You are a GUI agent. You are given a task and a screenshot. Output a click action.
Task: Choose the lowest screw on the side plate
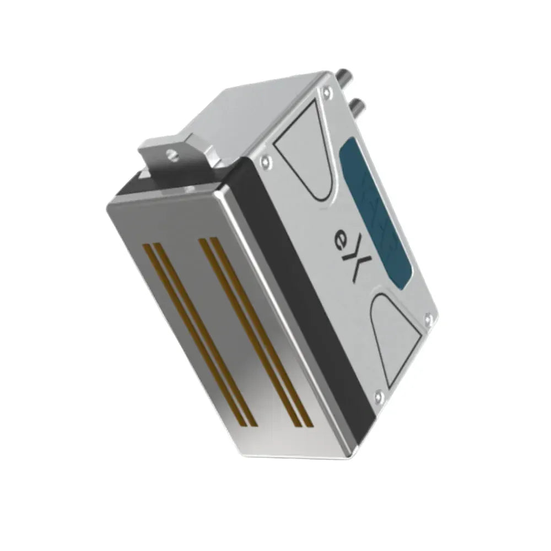[x=377, y=395]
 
